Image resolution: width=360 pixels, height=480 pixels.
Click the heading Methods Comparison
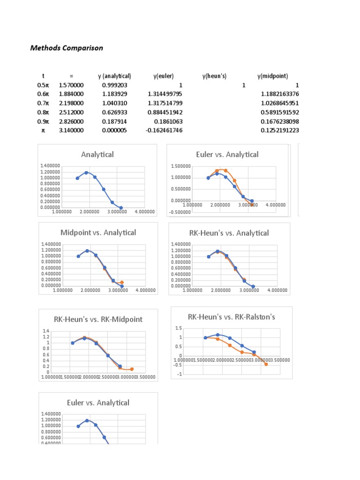pos(67,48)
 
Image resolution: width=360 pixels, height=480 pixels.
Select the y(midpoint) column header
pos(273,76)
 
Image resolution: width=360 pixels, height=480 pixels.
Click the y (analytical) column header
pos(114,76)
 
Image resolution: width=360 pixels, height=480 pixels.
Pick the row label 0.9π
pos(43,121)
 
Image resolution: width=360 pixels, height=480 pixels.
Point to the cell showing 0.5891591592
pos(279,112)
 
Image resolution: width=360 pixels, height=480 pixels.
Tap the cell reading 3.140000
pos(72,130)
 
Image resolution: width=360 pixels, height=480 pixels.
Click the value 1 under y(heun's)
pos(243,85)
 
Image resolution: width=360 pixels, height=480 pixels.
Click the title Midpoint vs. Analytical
pos(98,232)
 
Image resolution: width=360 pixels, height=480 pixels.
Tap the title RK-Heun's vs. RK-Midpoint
pos(98,319)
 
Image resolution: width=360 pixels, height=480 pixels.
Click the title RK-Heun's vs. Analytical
pos(229,233)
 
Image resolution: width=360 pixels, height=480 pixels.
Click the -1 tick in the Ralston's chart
pos(179,374)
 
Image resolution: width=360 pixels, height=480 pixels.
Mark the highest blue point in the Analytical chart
pos(86,172)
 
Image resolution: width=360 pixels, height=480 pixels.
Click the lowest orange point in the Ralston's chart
pos(266,364)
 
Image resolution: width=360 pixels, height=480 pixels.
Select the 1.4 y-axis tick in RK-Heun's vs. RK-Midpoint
pos(46,331)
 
